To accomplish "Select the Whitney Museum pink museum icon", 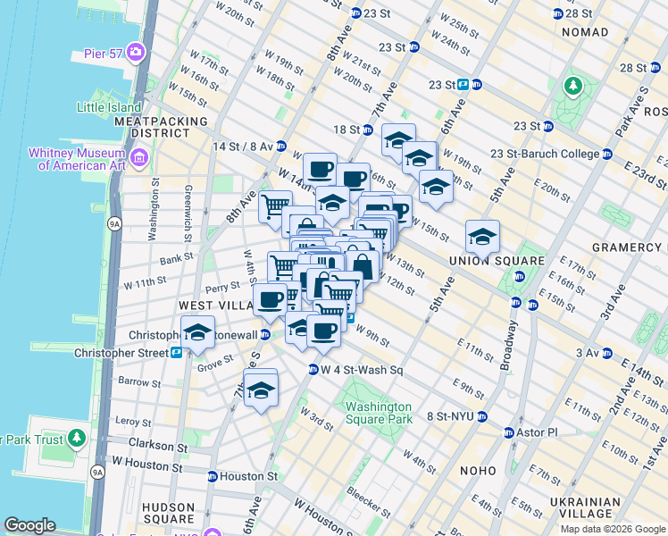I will pos(138,159).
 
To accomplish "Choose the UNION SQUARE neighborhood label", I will pos(508,261).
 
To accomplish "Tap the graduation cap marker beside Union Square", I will pos(481,238).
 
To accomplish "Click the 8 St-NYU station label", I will pos(448,416).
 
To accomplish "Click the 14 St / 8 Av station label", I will pos(237,146).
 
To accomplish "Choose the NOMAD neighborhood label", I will pos(584,32).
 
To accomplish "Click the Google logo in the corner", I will pos(29,525).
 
